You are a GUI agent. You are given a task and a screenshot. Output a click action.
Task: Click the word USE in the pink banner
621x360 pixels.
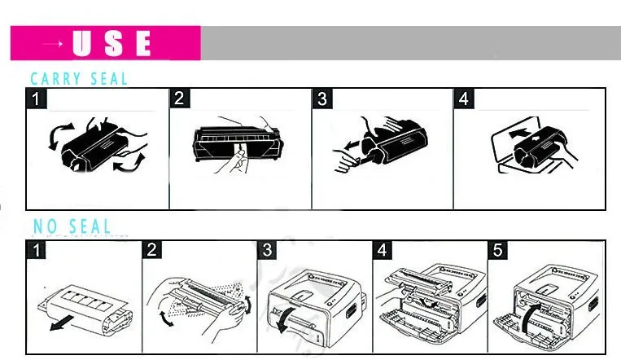[x=112, y=43]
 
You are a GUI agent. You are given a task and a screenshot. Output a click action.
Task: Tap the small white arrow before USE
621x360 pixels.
[x=53, y=44]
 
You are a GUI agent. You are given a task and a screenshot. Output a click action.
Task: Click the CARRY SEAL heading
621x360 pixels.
[x=79, y=78]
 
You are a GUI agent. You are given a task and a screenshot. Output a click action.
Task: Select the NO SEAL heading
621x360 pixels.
[x=72, y=226]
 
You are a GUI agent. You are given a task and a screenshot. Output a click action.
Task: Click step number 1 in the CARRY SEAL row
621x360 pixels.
[x=36, y=99]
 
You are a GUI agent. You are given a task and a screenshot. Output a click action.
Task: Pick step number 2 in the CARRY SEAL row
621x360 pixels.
[x=179, y=98]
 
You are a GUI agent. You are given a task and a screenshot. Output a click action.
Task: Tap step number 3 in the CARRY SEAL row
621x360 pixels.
[x=322, y=99]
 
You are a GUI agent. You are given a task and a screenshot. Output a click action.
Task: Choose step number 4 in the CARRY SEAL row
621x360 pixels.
[x=464, y=99]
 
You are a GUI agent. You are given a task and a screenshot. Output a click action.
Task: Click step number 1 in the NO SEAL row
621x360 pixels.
[x=37, y=250]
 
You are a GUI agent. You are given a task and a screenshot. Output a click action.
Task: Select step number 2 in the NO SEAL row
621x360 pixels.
[x=151, y=250]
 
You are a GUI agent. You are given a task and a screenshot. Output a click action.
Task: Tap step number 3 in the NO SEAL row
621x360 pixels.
[x=267, y=250]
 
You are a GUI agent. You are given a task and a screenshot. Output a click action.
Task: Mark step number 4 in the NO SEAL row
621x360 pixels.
[x=383, y=250]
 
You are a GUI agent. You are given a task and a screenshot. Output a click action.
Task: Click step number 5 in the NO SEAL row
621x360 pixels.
[x=497, y=250]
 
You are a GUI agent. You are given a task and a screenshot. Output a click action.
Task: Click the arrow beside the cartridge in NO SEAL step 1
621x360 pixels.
[x=62, y=323]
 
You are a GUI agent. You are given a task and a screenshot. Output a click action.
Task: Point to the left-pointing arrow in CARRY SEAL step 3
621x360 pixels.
[x=352, y=145]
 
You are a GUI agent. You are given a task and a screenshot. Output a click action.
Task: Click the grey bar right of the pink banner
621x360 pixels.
[x=411, y=43]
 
